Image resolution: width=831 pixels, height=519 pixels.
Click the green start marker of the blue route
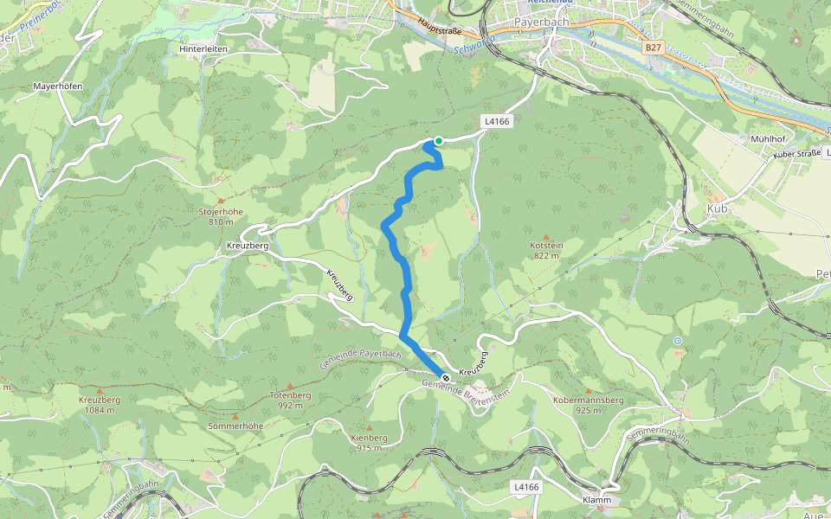pos(439,141)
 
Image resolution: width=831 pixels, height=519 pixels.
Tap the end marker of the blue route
pos(445,378)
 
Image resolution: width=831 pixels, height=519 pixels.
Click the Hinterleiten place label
pos(203,49)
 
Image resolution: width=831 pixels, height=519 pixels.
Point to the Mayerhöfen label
pos(57,86)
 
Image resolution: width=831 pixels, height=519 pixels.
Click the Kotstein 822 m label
pos(546,251)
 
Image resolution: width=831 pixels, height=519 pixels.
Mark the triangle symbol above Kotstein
pos(546,236)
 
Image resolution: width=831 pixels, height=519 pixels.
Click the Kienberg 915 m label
pos(370,443)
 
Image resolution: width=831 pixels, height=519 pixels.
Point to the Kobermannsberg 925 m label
pos(588,406)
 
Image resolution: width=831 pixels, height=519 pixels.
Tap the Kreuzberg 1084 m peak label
pos(99,405)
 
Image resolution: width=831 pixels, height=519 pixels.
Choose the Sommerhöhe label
pos(235,426)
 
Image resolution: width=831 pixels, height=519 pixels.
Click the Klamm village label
pos(597,501)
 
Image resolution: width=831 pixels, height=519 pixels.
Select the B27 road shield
pos(654,50)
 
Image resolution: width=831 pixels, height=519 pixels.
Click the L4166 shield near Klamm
pos(526,487)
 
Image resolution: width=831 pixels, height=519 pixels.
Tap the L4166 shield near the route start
pos(497,122)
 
